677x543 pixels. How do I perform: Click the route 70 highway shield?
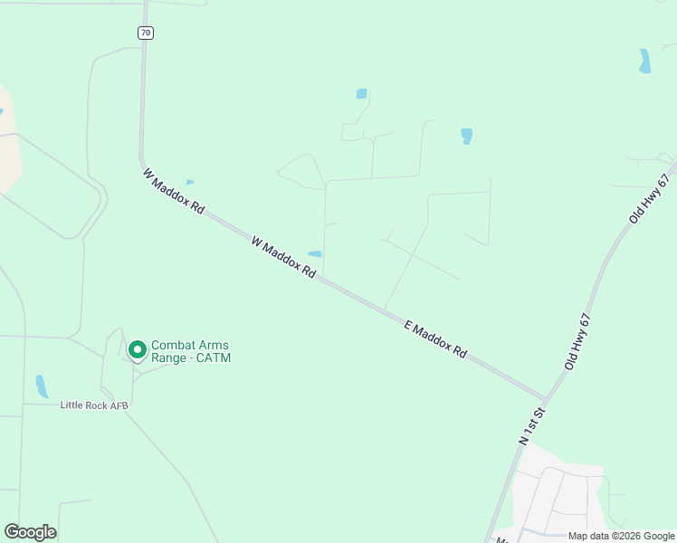pyautogui.click(x=146, y=33)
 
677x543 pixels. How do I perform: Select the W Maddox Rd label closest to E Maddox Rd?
pyautogui.click(x=283, y=257)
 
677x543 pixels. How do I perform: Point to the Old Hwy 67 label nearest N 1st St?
pyautogui.click(x=577, y=341)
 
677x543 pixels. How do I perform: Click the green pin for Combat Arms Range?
pyautogui.click(x=137, y=348)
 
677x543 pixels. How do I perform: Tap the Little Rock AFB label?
pyautogui.click(x=94, y=405)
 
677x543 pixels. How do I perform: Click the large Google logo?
pyautogui.click(x=30, y=532)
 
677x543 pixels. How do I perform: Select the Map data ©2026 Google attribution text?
pyautogui.click(x=621, y=536)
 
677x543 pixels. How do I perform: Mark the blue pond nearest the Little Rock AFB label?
pyautogui.click(x=41, y=386)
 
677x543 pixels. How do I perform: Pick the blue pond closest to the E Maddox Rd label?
pyautogui.click(x=315, y=253)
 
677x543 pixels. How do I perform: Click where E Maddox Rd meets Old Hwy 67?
pyautogui.click(x=546, y=397)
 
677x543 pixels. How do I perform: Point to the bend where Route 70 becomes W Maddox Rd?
pyautogui.click(x=143, y=161)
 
